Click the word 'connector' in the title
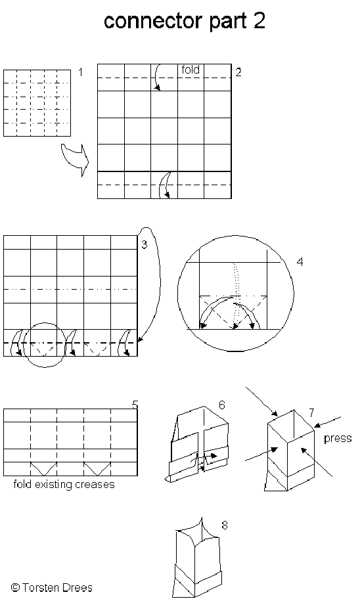point(156,21)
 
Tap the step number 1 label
point(81,72)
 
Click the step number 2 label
point(238,72)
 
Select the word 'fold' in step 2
point(191,70)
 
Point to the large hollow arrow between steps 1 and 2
point(75,160)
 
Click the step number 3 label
point(144,244)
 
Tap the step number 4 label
point(300,262)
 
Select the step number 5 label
point(135,405)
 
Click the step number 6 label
point(221,405)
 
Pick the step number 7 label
point(311,412)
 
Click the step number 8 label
point(224,525)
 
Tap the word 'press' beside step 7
point(338,438)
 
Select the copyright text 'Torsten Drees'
point(57,588)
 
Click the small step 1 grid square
point(37,102)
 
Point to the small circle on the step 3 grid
point(24,345)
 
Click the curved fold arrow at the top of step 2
point(155,77)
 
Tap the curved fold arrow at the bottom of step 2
point(164,185)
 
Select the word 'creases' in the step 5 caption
point(95,484)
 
